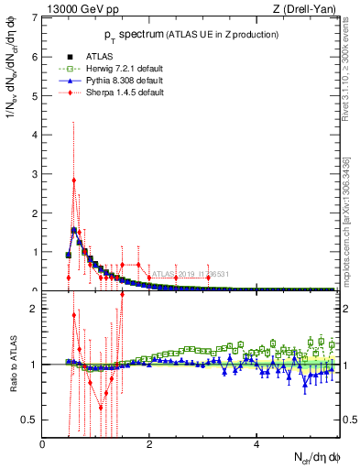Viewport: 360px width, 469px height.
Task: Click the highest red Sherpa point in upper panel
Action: pyautogui.click(x=73, y=180)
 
